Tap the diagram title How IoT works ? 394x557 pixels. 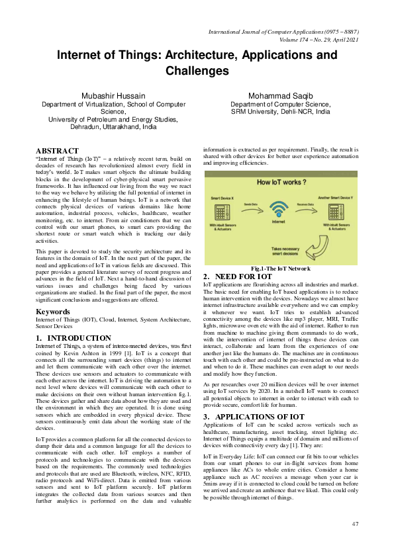[x=281, y=181]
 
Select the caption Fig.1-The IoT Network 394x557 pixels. [x=281, y=269]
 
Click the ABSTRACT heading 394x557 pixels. [x=57, y=151]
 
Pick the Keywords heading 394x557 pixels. [x=53, y=311]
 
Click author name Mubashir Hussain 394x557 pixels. [x=113, y=96]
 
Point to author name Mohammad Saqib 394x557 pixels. [x=280, y=96]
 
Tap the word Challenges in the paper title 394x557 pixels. [x=197, y=70]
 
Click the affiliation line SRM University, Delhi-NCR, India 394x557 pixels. [x=280, y=112]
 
